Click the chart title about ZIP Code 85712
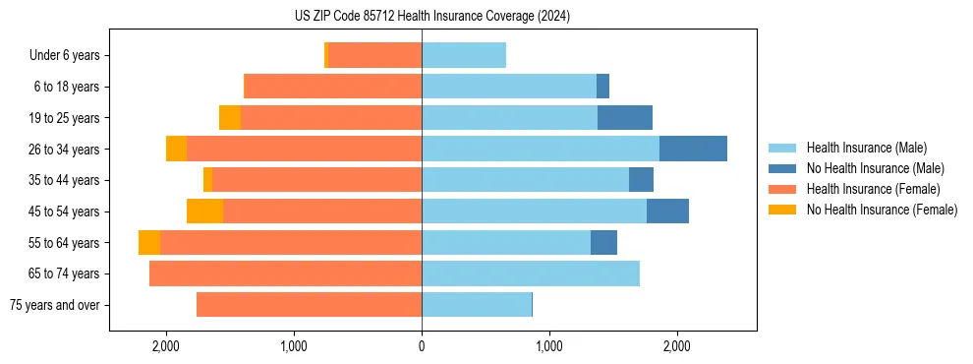tap(432, 17)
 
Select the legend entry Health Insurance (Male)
tap(865, 148)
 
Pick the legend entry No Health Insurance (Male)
tap(875, 168)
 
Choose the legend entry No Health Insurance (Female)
tap(882, 210)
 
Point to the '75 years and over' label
tap(55, 305)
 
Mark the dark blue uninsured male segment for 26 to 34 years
tap(693, 149)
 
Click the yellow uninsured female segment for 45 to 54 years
tap(204, 212)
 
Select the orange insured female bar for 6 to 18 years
tap(332, 87)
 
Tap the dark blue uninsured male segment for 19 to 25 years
tap(625, 118)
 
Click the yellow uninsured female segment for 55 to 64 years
tap(149, 243)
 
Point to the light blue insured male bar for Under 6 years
tap(464, 55)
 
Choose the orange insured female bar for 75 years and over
tap(309, 305)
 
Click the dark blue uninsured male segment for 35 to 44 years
tap(641, 180)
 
